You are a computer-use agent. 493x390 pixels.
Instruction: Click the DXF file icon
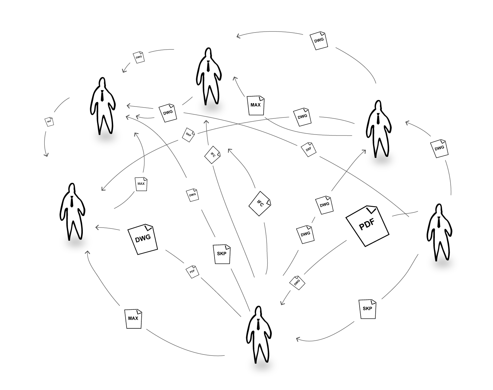pyautogui.click(x=309, y=149)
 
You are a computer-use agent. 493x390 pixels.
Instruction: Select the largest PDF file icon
pyautogui.click(x=367, y=225)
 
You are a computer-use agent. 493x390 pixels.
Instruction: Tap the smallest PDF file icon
pyautogui.click(x=192, y=271)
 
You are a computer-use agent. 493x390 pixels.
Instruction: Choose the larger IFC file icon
pyautogui.click(x=260, y=204)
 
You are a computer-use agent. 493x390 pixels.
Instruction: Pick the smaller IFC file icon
pyautogui.click(x=212, y=155)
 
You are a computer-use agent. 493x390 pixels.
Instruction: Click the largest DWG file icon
pyautogui.click(x=143, y=239)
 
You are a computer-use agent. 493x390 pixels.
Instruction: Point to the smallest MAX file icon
pyautogui.click(x=141, y=183)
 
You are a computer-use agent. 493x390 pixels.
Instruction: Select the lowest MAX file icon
pyautogui.click(x=133, y=317)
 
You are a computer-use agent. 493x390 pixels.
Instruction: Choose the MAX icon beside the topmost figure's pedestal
pyautogui.click(x=256, y=105)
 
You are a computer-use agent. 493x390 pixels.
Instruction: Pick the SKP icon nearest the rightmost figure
pyautogui.click(x=367, y=308)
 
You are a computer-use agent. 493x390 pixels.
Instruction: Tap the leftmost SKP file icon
pyautogui.click(x=49, y=121)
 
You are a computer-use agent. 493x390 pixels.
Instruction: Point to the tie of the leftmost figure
pyautogui.click(x=72, y=201)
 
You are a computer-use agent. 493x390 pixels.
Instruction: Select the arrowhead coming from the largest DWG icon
pyautogui.click(x=96, y=227)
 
